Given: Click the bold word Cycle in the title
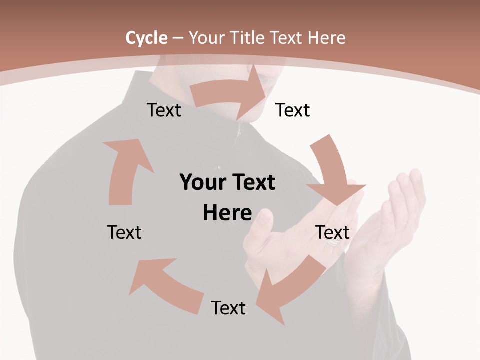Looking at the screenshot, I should click(146, 38).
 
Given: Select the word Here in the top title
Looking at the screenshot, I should click(327, 38).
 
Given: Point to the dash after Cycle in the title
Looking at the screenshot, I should click(178, 38).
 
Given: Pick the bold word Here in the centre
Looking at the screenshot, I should click(227, 213).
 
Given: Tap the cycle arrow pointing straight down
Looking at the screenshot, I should click(332, 170).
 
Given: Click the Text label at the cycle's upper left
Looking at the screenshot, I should click(164, 110).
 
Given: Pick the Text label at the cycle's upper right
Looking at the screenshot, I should click(293, 110).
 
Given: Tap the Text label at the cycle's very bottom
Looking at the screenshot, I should click(228, 308).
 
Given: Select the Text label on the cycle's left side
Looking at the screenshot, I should click(124, 232).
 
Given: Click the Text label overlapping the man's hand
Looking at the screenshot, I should click(332, 232).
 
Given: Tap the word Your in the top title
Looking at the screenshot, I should click(207, 38).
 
